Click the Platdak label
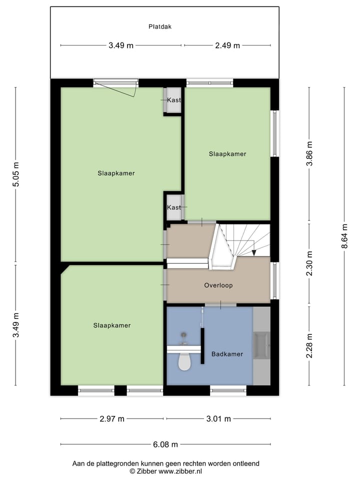160,27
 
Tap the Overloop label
218,285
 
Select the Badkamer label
227,354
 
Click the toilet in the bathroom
184,361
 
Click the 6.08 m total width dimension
165,444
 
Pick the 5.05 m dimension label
16,174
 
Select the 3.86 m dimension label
309,154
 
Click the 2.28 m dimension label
309,345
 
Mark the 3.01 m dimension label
218,419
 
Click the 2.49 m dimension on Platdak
227,45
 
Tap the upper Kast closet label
173,100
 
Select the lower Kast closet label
173,207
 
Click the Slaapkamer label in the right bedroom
227,154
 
